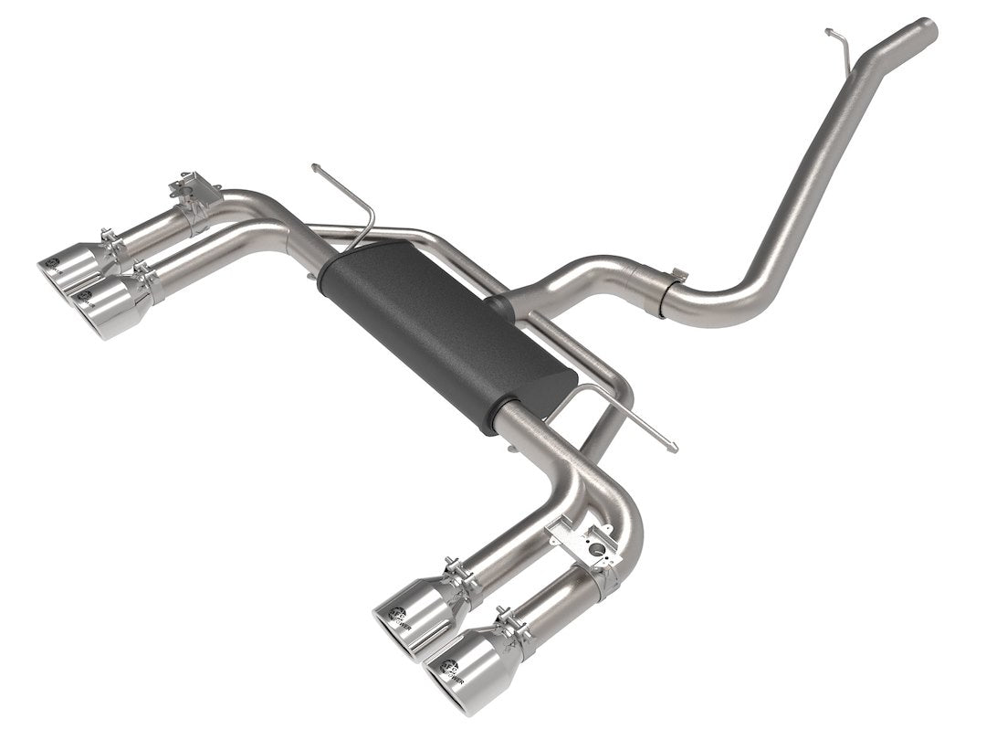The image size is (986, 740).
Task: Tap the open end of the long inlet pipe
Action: [927, 29]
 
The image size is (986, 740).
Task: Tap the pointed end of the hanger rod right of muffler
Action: [673, 447]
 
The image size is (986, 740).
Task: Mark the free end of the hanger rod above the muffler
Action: [315, 167]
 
